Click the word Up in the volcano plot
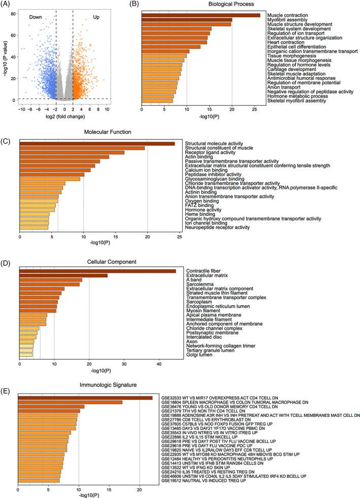[96, 17]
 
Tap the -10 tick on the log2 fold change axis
[21, 109]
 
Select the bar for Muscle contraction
[201, 15]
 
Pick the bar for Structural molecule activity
[97, 144]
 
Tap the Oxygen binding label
[203, 200]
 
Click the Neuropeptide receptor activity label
[217, 227]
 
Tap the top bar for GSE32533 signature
[85, 397]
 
